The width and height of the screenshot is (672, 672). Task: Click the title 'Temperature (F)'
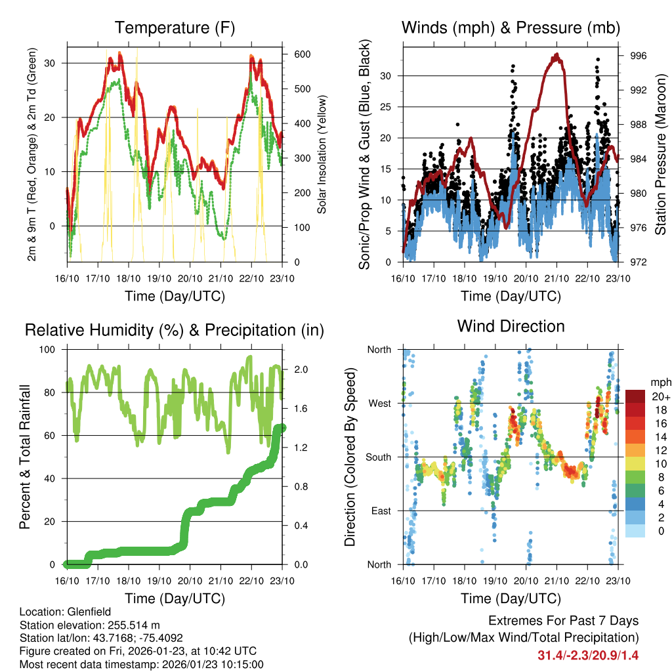175,28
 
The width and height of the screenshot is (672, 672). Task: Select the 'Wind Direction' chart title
511,325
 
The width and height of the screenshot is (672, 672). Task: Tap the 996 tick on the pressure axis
639,56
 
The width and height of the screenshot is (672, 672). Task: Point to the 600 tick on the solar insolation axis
303,54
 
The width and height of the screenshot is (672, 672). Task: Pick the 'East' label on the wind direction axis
379,511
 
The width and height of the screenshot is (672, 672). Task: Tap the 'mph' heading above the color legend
660,382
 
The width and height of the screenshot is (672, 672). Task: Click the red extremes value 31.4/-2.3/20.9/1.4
588,655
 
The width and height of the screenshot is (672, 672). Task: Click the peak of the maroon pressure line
556,55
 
